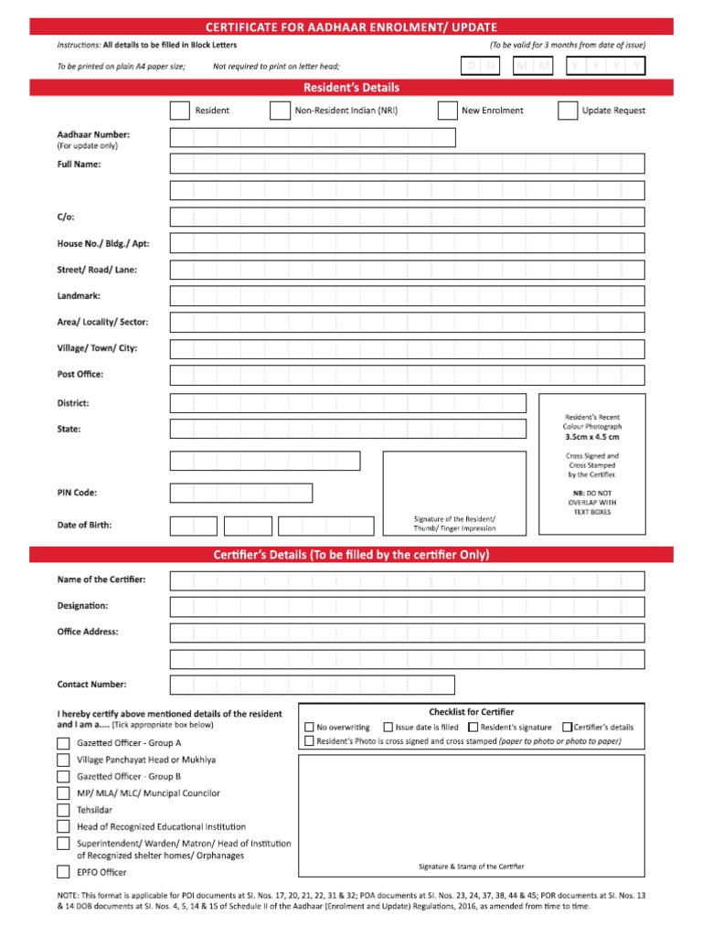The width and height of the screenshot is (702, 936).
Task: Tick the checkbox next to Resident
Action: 179,111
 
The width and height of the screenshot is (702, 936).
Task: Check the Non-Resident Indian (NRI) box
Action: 280,111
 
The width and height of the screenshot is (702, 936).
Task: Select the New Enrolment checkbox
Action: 447,111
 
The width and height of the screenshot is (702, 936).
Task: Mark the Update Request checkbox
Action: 568,111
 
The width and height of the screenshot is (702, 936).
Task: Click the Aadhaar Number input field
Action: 312,137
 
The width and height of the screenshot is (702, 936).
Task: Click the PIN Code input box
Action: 240,493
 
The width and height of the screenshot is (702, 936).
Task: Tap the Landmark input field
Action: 407,296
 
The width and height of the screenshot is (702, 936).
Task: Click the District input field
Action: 347,403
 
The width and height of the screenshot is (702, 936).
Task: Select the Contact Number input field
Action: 312,685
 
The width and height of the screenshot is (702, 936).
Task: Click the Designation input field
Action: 407,606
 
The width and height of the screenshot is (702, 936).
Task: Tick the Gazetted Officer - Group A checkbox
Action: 63,743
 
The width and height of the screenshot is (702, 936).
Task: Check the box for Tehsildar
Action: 63,810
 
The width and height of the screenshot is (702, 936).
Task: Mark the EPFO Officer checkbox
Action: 63,872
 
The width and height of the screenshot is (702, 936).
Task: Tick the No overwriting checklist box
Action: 309,728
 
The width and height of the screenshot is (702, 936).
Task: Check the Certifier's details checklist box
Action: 567,728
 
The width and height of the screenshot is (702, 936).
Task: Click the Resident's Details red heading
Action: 351,88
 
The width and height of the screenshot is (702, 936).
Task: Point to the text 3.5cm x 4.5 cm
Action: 591,437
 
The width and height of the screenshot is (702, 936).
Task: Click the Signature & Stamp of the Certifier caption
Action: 471,867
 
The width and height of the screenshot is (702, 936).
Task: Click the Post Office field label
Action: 80,374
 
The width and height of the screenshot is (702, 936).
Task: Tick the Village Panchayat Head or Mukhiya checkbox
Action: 63,760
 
